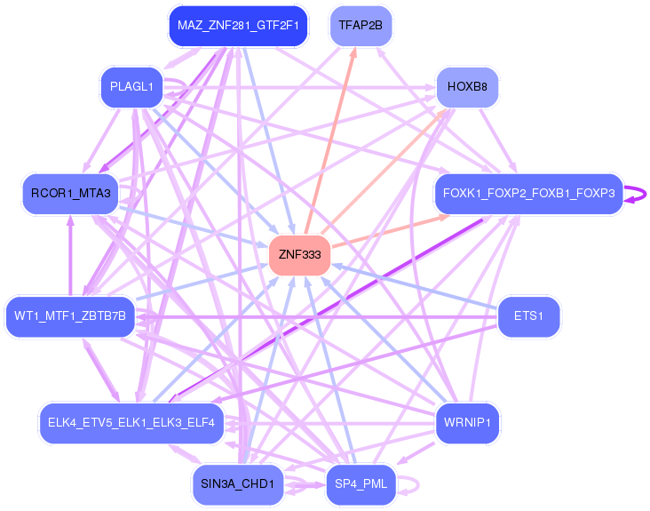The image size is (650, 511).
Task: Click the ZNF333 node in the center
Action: pyautogui.click(x=300, y=255)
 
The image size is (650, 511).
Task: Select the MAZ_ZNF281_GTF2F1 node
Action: pyautogui.click(x=238, y=26)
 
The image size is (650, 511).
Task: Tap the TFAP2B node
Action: pyautogui.click(x=360, y=26)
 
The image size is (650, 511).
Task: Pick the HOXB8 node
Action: pyautogui.click(x=467, y=88)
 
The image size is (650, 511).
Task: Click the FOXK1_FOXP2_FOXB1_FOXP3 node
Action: pyautogui.click(x=528, y=194)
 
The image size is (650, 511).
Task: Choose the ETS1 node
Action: pyautogui.click(x=529, y=316)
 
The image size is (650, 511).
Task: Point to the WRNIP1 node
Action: pyautogui.click(x=467, y=422)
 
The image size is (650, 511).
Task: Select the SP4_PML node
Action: pyautogui.click(x=361, y=484)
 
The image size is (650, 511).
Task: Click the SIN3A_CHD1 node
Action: pyautogui.click(x=238, y=484)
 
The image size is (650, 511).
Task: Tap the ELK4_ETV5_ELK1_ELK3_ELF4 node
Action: pyautogui.click(x=131, y=422)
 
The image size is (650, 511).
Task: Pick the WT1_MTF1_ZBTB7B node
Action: pyautogui.click(x=70, y=316)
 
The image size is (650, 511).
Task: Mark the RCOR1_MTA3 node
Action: pyautogui.click(x=70, y=194)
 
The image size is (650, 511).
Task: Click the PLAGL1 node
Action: pyautogui.click(x=131, y=88)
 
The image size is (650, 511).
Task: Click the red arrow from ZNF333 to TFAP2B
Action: pyautogui.click(x=329, y=142)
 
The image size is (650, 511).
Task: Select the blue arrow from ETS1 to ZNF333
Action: pyautogui.click(x=417, y=287)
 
